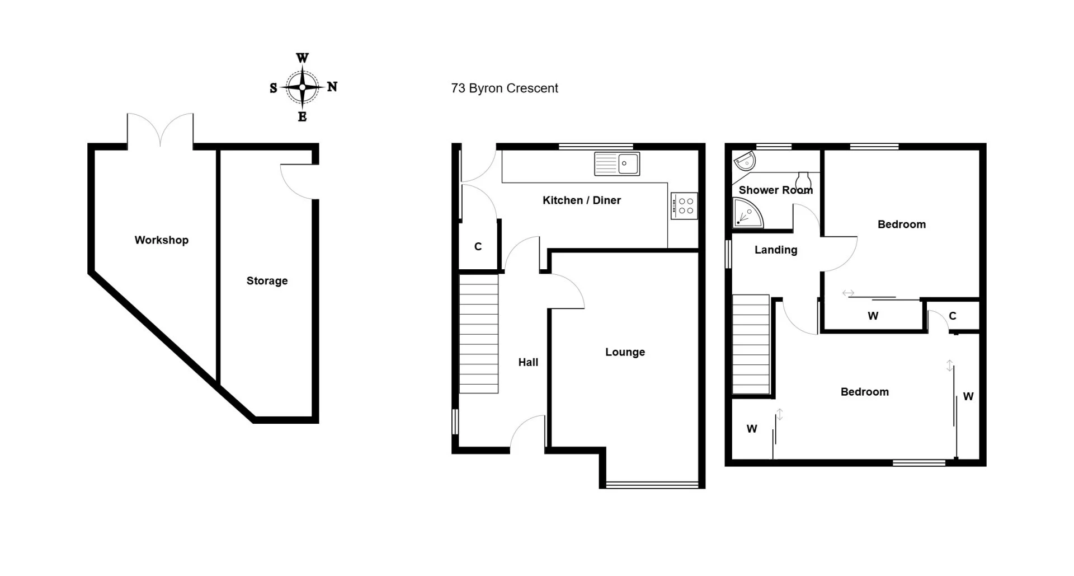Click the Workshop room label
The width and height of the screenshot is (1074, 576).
[x=161, y=240]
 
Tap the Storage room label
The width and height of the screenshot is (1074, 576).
[x=267, y=281]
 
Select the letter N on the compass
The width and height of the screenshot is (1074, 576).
[x=332, y=87]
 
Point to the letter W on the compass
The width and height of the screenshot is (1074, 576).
[x=302, y=58]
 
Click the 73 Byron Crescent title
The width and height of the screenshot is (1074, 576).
[x=505, y=88]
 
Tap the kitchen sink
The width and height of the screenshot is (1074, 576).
[x=617, y=164]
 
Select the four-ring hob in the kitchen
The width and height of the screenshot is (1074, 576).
[x=684, y=205]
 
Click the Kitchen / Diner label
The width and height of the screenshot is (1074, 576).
[x=582, y=200]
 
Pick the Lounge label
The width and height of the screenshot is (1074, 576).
[x=625, y=352]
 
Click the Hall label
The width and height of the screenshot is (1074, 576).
[x=528, y=363]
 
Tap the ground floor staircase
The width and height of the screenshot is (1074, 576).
[x=479, y=334]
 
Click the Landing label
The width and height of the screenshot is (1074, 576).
[x=776, y=250]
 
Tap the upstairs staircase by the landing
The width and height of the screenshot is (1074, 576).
[x=751, y=345]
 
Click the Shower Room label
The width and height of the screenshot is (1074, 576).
[x=776, y=190]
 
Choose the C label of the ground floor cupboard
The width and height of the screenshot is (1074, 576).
[x=478, y=247]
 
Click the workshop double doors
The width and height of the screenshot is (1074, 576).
[x=161, y=130]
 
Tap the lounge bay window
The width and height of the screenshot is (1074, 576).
[x=652, y=485]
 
